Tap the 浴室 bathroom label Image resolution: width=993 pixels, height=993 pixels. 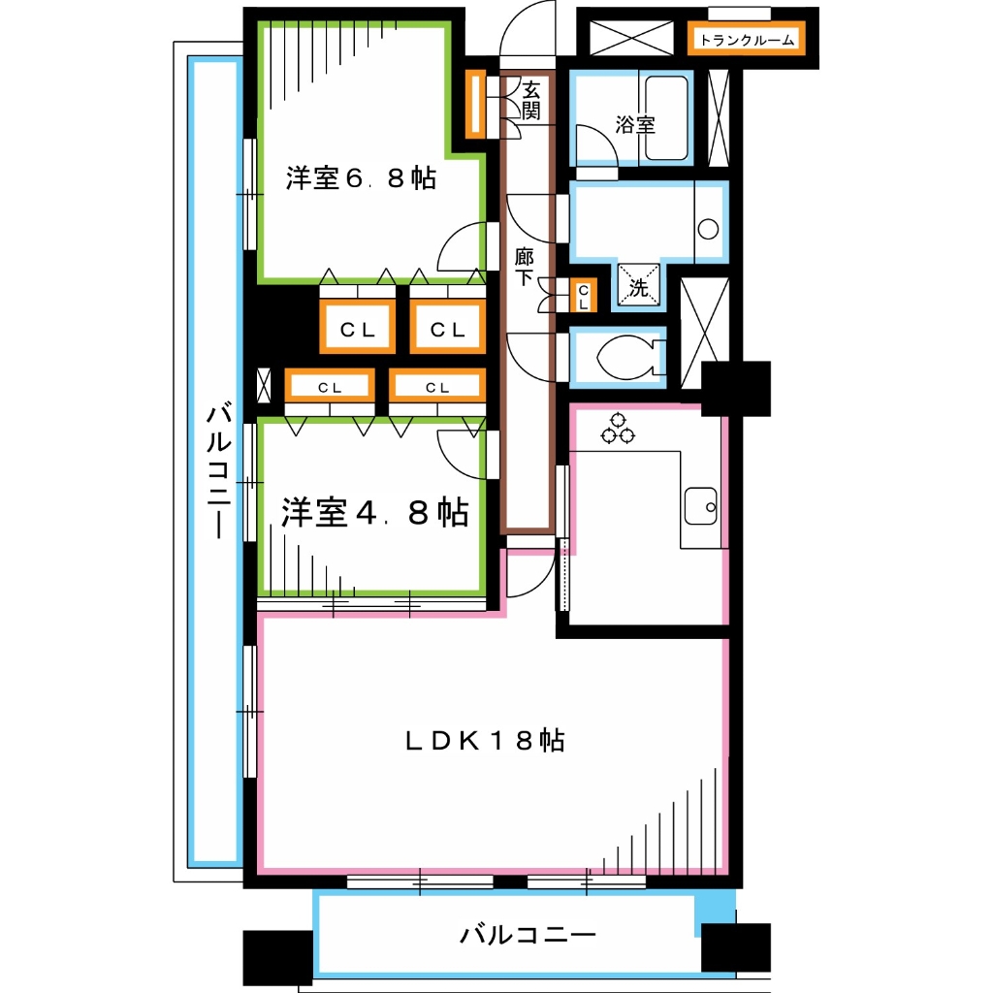tap(635, 125)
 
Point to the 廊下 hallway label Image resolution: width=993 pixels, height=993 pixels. tap(524, 268)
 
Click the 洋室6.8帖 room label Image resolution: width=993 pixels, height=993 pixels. tap(360, 178)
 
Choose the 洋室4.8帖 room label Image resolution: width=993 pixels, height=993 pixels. tap(374, 513)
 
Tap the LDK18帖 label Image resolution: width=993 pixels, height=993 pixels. tap(485, 742)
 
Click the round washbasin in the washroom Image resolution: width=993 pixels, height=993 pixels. tap(709, 230)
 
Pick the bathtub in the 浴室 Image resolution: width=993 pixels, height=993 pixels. tap(666, 118)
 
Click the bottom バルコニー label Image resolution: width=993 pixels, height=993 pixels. tap(527, 936)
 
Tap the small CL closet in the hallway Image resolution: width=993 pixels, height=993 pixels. tap(583, 295)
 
